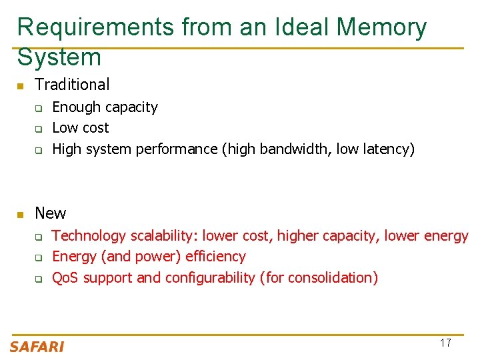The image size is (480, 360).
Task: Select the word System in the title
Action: [x=59, y=57]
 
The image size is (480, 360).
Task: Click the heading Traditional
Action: [x=72, y=85]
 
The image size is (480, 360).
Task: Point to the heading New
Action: [x=51, y=213]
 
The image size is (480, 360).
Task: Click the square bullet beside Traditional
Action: [x=21, y=86]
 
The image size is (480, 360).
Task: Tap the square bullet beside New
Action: [x=21, y=215]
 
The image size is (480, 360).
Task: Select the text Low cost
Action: [x=80, y=128]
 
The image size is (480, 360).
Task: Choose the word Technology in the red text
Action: [x=89, y=236]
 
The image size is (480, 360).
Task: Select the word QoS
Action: [x=65, y=277]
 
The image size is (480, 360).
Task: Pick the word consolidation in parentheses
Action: [x=328, y=277]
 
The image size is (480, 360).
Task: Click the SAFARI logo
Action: [x=37, y=346]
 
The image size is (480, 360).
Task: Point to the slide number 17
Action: [x=445, y=343]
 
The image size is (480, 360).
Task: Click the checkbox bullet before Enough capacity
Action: [x=39, y=108]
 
